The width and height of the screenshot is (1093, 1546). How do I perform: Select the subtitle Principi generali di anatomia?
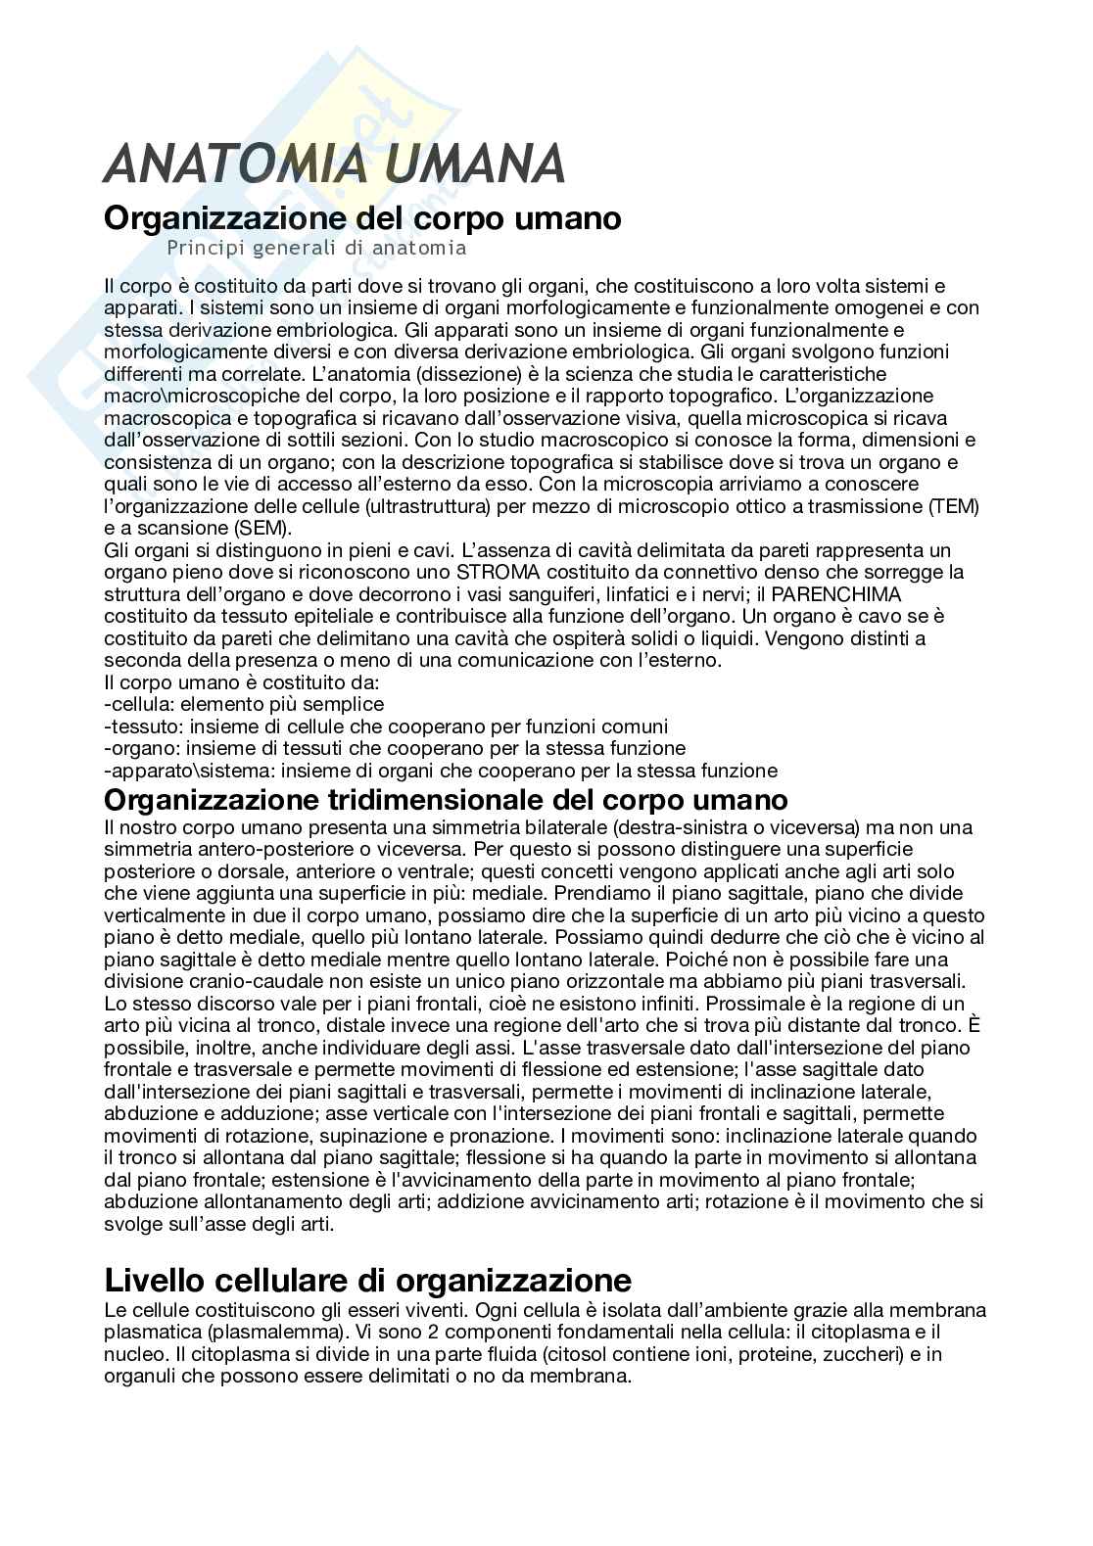coord(316,248)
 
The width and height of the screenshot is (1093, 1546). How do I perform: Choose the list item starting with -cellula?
coord(244,704)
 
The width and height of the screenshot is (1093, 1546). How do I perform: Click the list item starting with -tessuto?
coord(386,726)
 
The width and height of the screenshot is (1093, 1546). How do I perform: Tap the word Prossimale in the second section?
coord(753,1004)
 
